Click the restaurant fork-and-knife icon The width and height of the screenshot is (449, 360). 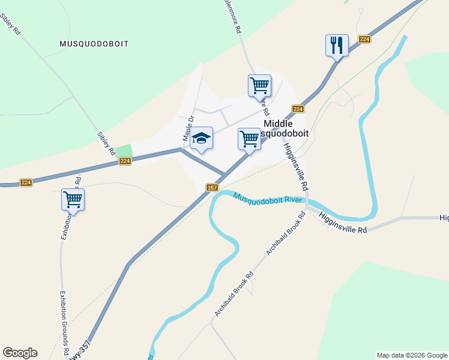[x=337, y=45]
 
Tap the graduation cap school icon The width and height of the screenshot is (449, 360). [x=202, y=139]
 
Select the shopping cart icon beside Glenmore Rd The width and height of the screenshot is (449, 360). [x=259, y=85]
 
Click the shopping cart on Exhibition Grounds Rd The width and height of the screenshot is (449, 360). [x=73, y=199]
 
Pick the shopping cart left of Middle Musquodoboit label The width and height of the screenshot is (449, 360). [x=249, y=139]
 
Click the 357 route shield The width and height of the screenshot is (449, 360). [x=211, y=188]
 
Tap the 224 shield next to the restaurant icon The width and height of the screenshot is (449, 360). [x=364, y=39]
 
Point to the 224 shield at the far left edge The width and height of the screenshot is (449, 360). [x=25, y=182]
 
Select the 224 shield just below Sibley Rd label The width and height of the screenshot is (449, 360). [x=125, y=161]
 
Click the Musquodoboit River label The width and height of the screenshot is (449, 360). [x=267, y=198]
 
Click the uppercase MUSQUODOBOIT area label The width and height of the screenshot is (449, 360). [x=94, y=44]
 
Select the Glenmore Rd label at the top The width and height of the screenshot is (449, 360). [x=233, y=16]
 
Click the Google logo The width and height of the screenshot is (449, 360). [x=20, y=353]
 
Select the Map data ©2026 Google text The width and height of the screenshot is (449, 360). [x=412, y=355]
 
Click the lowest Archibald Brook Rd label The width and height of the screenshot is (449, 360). [x=234, y=294]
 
